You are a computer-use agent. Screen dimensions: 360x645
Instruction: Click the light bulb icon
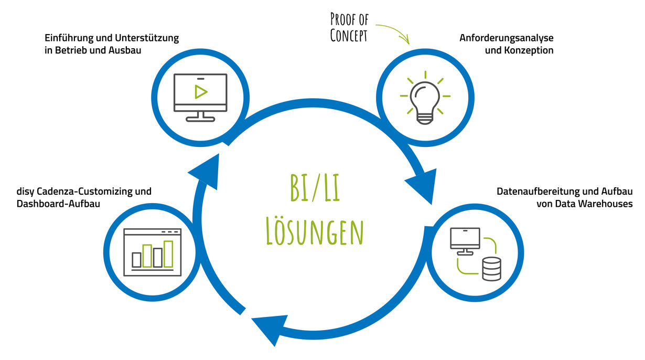[425, 100]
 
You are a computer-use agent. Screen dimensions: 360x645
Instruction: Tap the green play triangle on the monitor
[200, 91]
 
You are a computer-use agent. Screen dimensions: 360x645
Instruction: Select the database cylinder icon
[491, 269]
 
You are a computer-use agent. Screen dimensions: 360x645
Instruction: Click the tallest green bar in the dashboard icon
[168, 254]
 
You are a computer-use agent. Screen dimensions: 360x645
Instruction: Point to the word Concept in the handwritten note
[348, 36]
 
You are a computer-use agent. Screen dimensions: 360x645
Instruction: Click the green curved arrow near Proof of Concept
[393, 32]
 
